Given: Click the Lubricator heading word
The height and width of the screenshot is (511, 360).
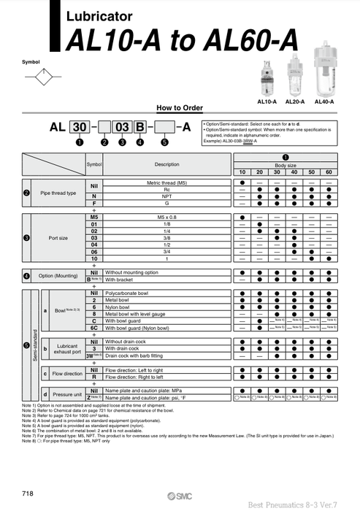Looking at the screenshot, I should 99,15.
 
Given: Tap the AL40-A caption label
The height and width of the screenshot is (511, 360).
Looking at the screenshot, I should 323,101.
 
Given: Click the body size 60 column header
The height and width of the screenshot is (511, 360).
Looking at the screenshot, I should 328,171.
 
